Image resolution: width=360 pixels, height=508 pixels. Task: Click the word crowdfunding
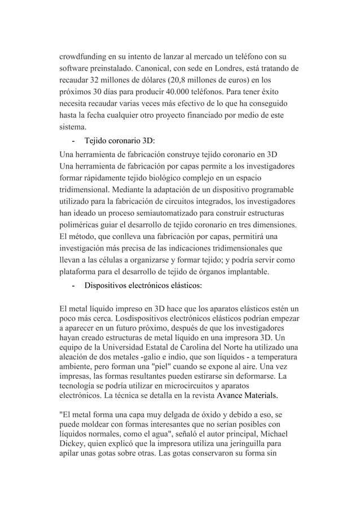coord(86,57)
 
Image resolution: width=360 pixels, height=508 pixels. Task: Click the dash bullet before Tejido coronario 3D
coord(74,140)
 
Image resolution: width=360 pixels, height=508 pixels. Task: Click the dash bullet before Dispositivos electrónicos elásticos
coord(74,286)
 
